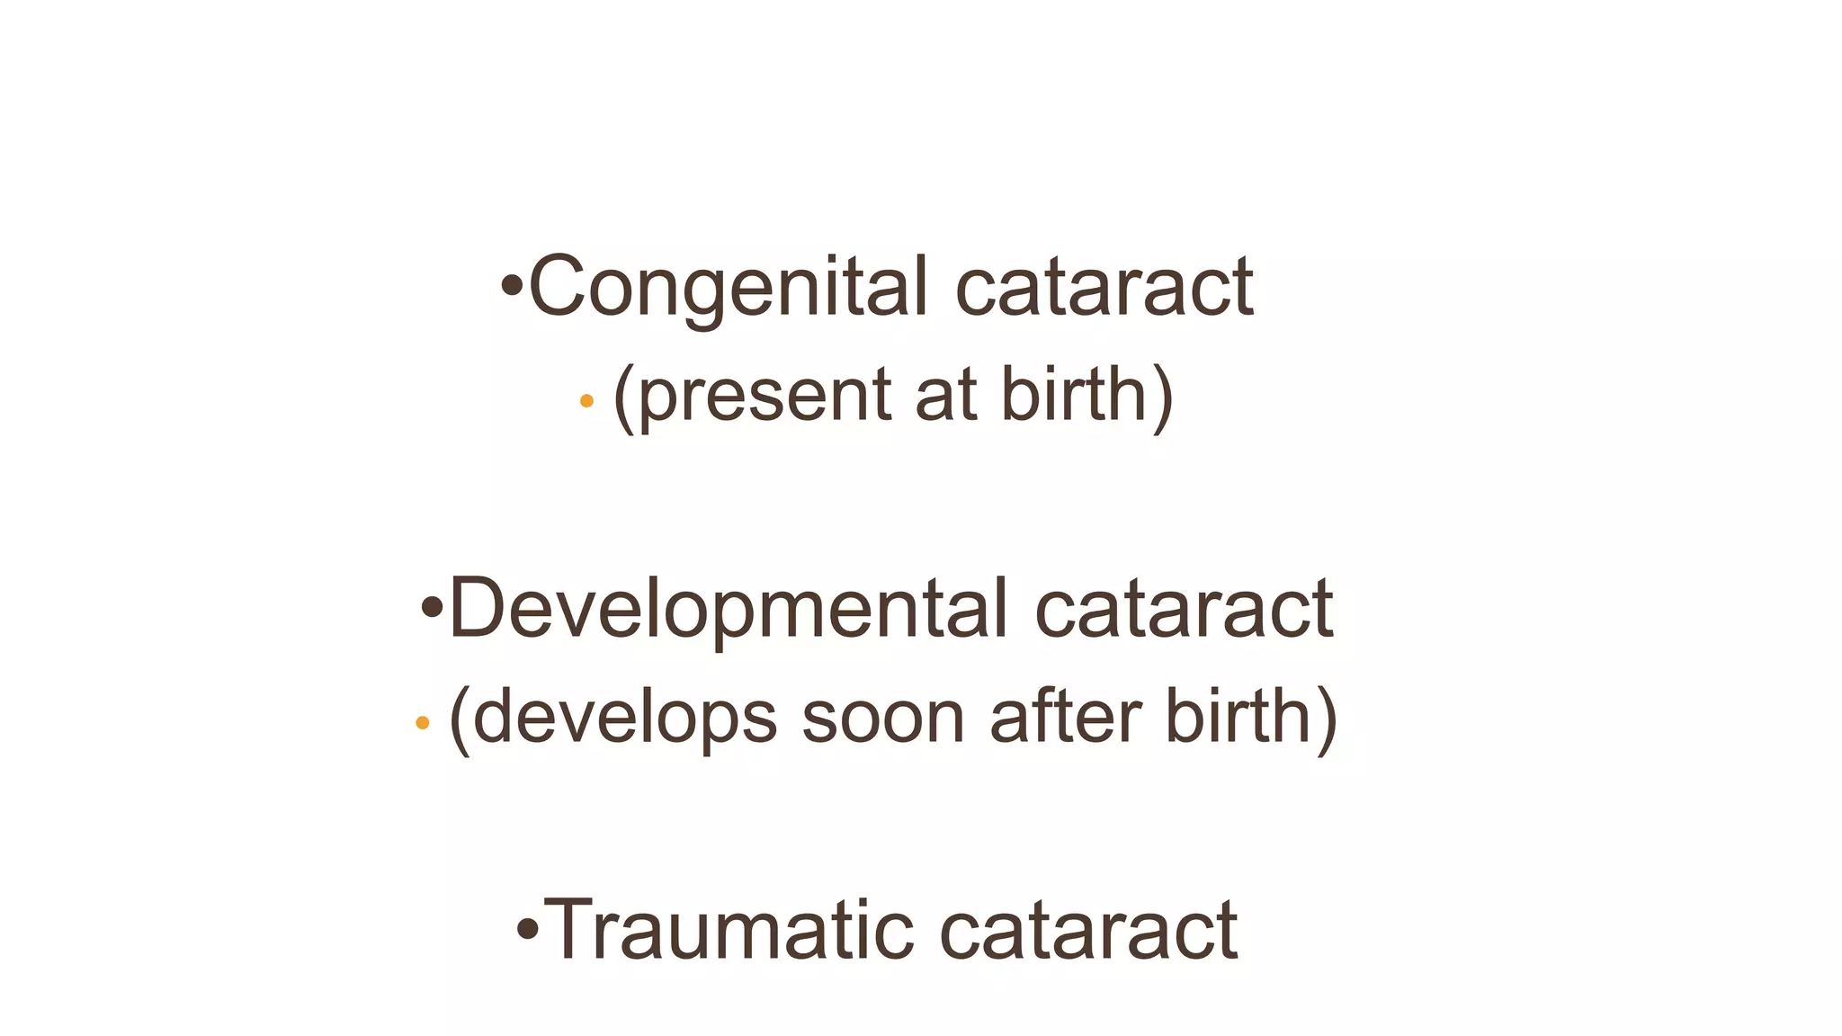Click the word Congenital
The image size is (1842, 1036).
point(728,288)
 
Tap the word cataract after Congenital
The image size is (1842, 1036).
point(1104,288)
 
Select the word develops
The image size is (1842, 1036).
point(625,717)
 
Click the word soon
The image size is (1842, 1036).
point(883,717)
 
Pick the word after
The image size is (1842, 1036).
point(1066,717)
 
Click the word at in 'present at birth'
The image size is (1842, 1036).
point(945,396)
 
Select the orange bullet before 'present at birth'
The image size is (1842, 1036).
point(586,401)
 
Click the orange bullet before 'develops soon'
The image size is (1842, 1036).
point(422,722)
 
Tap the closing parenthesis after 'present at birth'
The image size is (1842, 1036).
point(1162,396)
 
